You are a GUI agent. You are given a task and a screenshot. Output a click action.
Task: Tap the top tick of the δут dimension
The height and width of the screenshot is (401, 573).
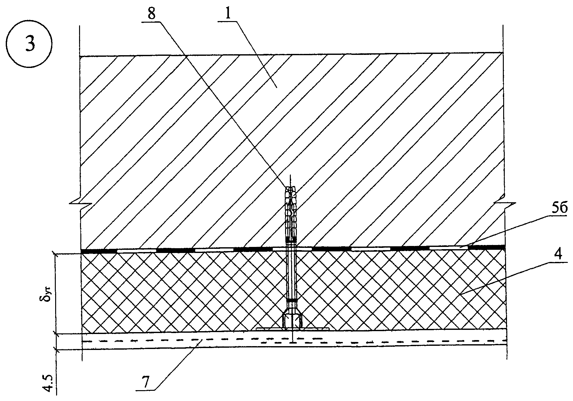pos(55,254)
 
